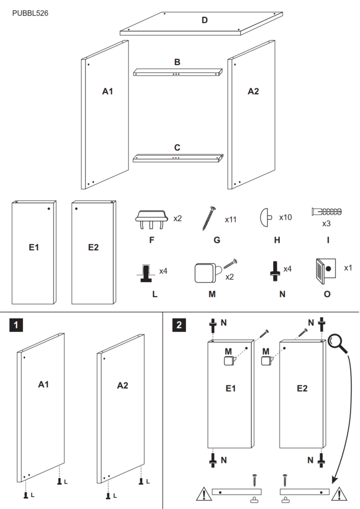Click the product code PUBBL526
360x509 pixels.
pos(30,13)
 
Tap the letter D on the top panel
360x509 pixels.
pos(205,20)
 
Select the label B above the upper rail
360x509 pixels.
pos(177,62)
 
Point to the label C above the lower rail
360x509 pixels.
pos(177,148)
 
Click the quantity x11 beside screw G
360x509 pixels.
pos(231,220)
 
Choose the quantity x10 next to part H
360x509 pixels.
pos(286,217)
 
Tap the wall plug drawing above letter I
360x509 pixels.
pos(326,212)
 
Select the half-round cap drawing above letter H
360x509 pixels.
pos(265,217)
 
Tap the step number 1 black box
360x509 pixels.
pos(16,325)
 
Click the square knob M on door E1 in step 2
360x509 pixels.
pos(229,361)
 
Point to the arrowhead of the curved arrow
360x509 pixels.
pos(334,480)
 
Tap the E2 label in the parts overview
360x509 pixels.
pos(93,247)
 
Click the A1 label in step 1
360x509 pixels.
pos(43,385)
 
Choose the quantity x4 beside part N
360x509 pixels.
pos(287,269)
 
